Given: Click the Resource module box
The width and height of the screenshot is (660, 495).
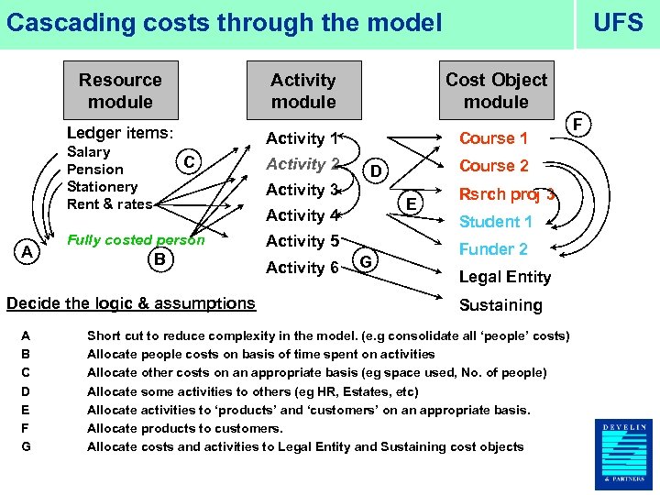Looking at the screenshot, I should (120, 91).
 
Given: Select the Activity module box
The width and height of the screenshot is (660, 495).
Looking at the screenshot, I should (303, 91).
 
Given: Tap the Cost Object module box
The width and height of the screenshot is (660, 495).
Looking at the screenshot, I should (496, 91).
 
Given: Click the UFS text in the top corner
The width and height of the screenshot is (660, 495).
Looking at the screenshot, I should (618, 23).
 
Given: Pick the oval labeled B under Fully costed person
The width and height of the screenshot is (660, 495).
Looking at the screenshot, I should (159, 260).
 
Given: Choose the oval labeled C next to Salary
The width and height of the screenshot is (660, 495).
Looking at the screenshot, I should (187, 162).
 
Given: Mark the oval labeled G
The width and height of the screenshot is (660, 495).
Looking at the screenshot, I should (365, 260).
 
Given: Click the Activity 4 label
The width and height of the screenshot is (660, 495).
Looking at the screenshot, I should (302, 215).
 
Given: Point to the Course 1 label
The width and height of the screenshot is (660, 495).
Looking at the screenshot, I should (493, 138).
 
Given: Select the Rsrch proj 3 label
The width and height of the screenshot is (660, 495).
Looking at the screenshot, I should (507, 193).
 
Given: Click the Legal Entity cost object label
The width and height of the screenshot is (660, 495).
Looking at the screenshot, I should (504, 277).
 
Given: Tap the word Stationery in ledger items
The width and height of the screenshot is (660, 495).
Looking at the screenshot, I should (103, 187).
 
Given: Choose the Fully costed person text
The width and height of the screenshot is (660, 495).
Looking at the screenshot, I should (136, 240).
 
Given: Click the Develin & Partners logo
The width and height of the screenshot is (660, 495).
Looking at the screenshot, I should (627, 453).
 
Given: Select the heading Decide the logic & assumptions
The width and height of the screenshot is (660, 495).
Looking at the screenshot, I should (131, 303).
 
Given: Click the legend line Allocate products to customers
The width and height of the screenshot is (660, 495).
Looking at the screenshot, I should (184, 428).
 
